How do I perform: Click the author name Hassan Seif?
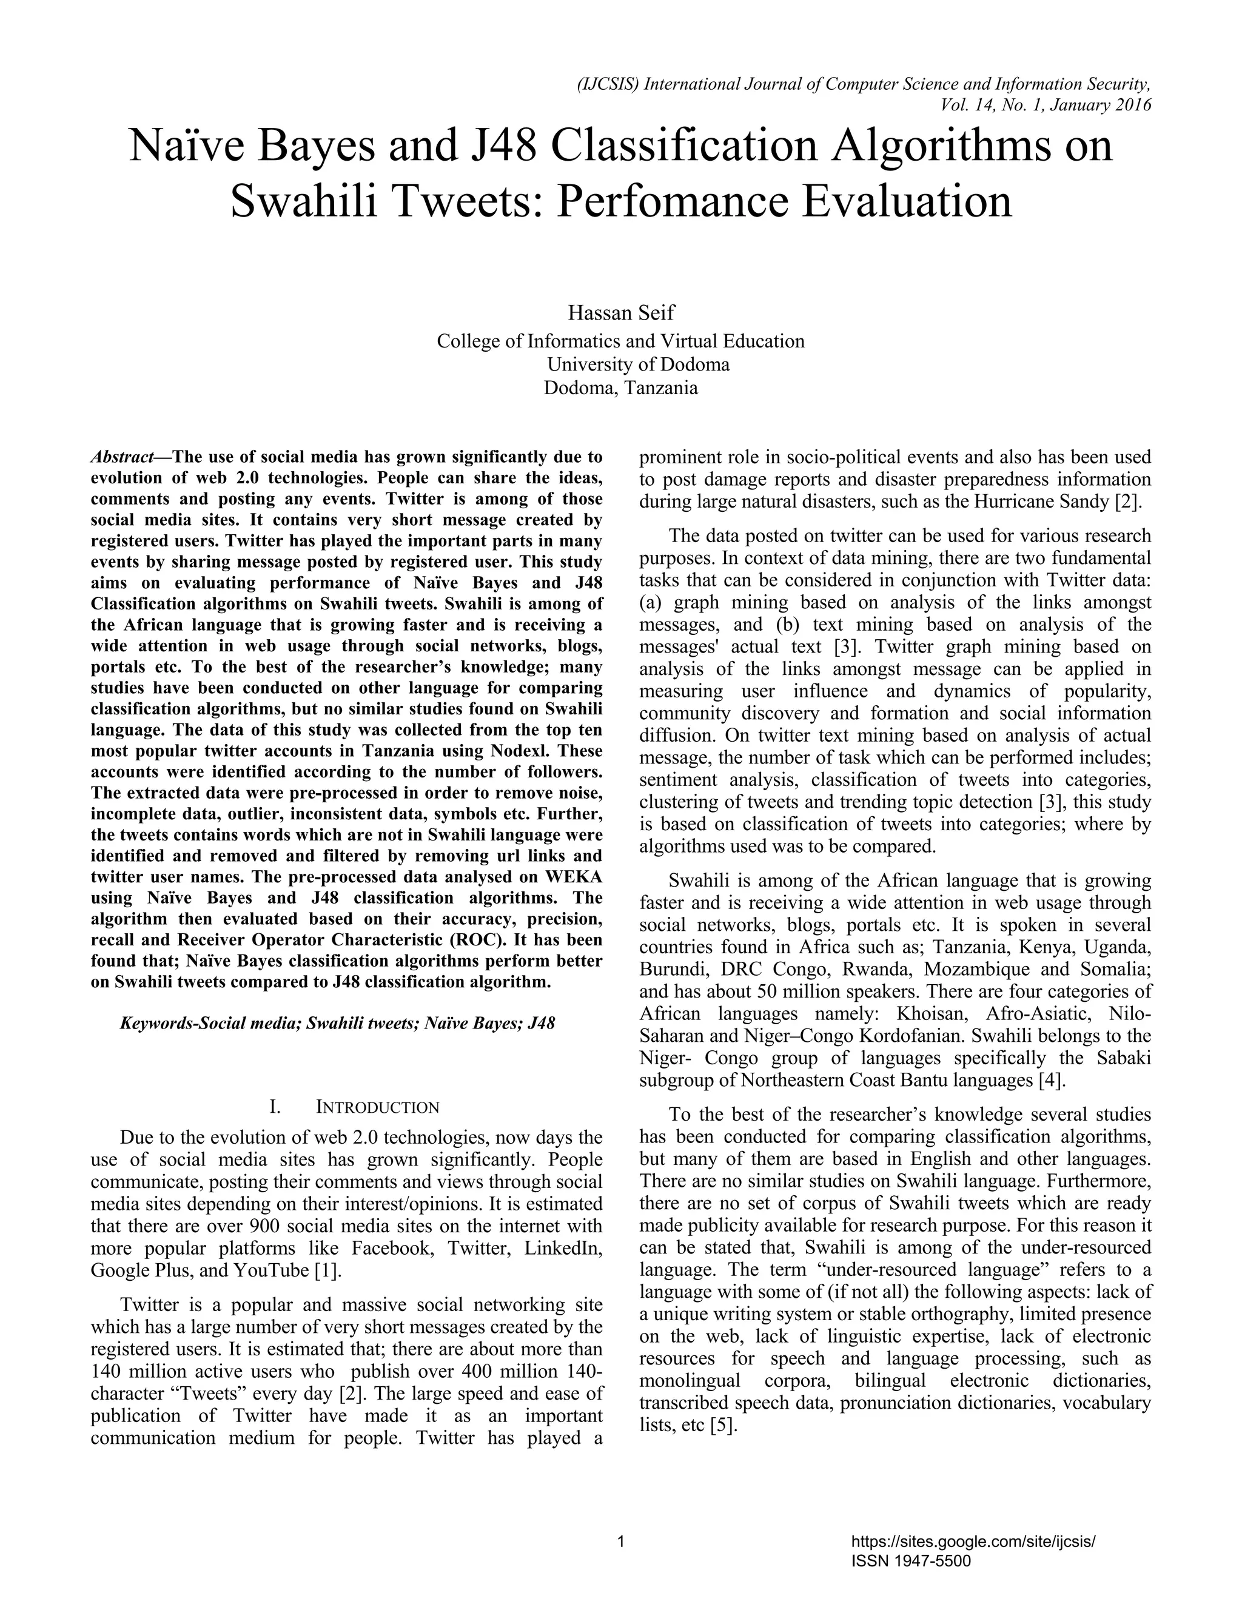coord(620,313)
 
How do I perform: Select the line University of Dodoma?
coord(637,364)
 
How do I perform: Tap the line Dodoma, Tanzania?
coord(620,387)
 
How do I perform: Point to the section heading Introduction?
coord(377,1107)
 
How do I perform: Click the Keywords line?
coord(337,1023)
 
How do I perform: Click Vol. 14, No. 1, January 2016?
coord(1046,106)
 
